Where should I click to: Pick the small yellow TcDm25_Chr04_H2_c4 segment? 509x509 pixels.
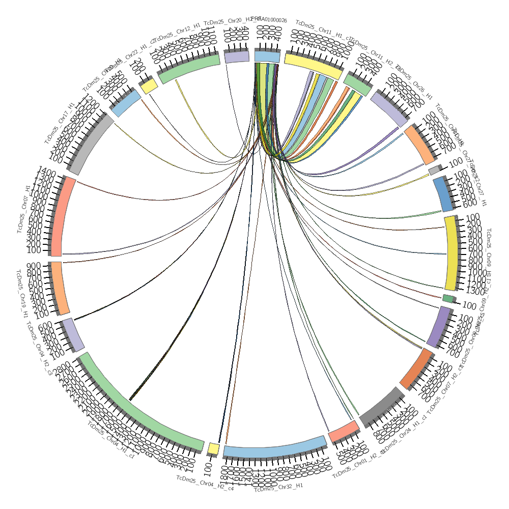213,448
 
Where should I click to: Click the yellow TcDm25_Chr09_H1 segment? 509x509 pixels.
450,253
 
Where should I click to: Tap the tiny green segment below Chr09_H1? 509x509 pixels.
447,298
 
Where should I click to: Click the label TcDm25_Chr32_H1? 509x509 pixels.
278,487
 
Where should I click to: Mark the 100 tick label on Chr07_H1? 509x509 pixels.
34,250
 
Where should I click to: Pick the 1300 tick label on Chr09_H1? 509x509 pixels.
474,291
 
